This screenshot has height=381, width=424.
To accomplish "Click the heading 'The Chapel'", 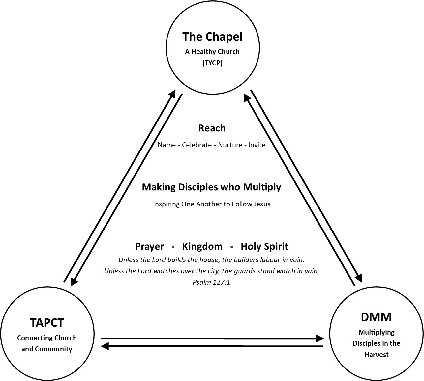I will [212, 37].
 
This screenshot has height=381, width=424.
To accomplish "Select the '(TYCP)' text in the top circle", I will [212, 63].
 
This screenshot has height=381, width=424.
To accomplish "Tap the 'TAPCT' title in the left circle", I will [46, 323].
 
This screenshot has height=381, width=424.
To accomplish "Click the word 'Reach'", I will [212, 128].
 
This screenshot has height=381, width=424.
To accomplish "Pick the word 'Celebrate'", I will [197, 145].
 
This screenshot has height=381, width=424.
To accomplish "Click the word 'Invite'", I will [257, 145].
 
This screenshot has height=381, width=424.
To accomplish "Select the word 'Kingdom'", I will [202, 246].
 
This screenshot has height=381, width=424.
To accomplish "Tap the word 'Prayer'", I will [149, 246].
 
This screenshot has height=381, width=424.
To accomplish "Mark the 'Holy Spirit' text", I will [264, 246].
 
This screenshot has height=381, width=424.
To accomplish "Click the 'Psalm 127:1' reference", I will [211, 282].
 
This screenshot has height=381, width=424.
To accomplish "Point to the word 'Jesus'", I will [262, 204].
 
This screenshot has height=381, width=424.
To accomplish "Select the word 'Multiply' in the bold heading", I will [262, 187].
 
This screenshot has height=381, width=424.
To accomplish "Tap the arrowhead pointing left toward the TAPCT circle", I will [105, 346].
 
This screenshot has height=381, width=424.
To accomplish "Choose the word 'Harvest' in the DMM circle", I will [376, 355].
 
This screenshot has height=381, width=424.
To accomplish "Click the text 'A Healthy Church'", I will [212, 52].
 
